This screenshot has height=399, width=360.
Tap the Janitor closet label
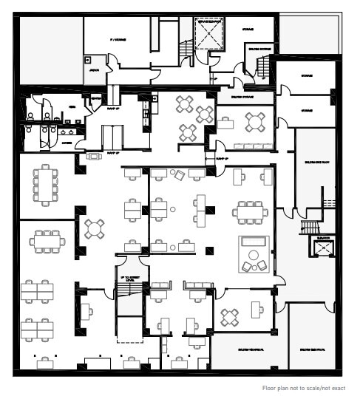point(95,71)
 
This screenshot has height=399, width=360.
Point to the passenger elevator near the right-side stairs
point(321,249)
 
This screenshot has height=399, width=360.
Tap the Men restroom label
point(72,106)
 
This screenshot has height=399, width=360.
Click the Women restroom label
point(68,143)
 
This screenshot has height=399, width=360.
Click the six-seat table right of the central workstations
point(249,211)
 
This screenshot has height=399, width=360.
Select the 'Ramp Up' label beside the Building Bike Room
point(220,159)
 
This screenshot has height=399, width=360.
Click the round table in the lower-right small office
point(231,317)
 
